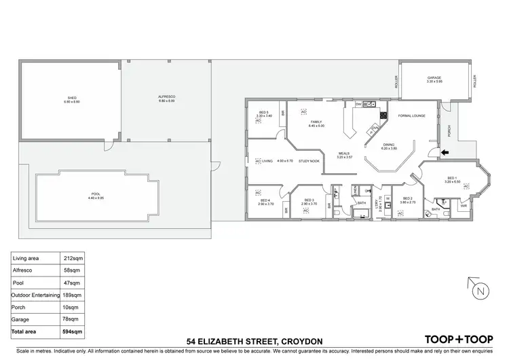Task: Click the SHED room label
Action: [71, 98]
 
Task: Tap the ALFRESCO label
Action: [166, 97]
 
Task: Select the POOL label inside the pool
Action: [96, 194]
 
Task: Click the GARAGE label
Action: [434, 78]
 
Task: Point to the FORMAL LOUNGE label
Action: [411, 116]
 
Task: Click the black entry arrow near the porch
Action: [445, 153]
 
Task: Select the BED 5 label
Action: [264, 112]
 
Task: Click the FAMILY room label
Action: [316, 122]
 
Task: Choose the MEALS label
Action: [346, 154]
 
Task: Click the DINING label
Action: [388, 145]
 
